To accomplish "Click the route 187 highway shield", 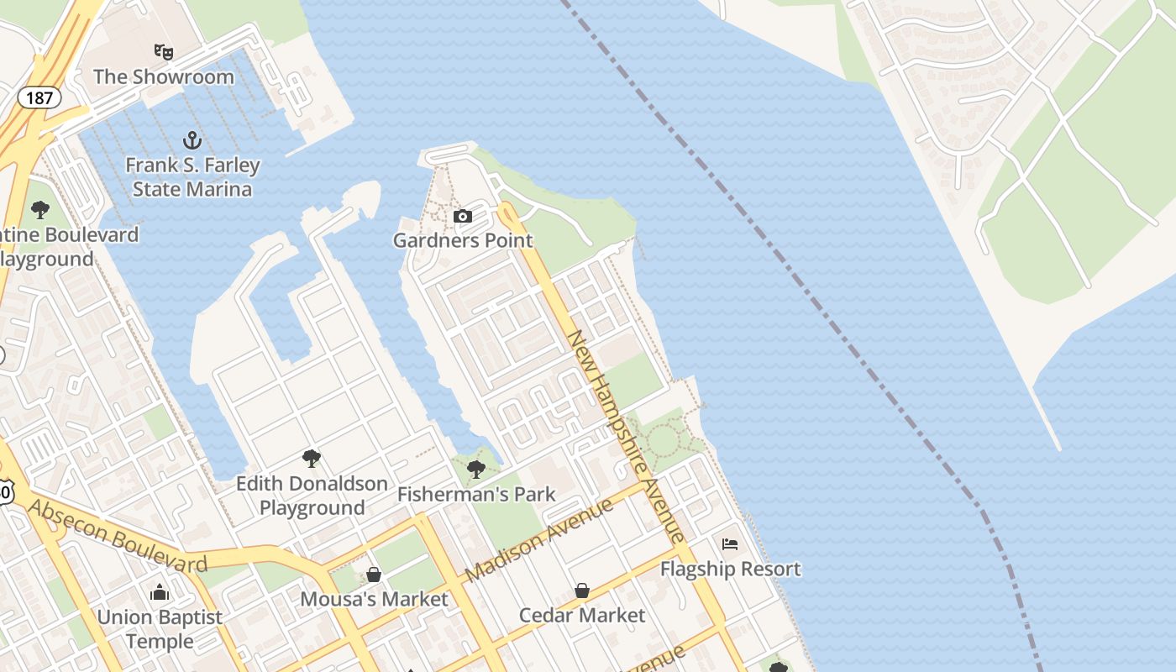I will [x=39, y=97].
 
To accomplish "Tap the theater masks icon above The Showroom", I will [x=164, y=52].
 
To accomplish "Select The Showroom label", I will [x=164, y=76].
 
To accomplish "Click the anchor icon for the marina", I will [x=192, y=139].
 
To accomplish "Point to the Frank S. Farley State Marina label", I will [x=192, y=176].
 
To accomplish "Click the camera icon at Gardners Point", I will [x=462, y=217].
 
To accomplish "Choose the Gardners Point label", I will [x=463, y=240].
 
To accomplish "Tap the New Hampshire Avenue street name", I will [x=626, y=434].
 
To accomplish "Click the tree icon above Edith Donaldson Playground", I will [x=312, y=459].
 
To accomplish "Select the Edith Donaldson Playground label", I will [x=312, y=496].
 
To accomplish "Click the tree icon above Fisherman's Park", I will [x=476, y=469].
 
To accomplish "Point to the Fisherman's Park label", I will [x=476, y=494].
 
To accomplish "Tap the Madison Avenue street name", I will [x=538, y=540].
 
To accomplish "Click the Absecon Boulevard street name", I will [x=117, y=535].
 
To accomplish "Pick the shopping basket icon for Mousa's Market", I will [x=374, y=575].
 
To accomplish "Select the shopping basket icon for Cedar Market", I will [x=582, y=591].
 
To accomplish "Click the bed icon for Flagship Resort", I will [x=730, y=544].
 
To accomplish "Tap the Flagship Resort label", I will [x=730, y=569].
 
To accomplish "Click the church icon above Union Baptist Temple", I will [x=160, y=592].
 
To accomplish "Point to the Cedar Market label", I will [x=582, y=615].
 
